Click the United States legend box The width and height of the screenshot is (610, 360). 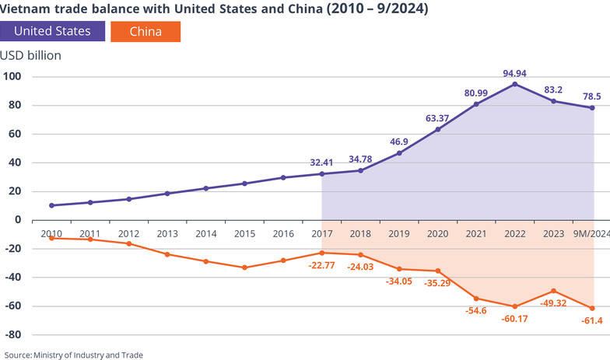click(53, 32)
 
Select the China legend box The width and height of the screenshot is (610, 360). click(145, 32)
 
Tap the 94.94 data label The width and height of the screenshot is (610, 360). click(514, 74)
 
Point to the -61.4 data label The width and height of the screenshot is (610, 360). click(593, 322)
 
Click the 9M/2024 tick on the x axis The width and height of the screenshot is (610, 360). click(591, 233)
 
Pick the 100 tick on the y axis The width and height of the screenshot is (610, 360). click(13, 76)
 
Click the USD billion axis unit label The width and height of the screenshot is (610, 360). click(31, 55)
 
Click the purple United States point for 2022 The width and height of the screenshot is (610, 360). click(514, 84)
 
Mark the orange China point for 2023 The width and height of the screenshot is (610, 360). click(553, 291)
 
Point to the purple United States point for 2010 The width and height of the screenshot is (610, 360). click(51, 205)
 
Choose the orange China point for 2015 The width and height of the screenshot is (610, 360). click(244, 267)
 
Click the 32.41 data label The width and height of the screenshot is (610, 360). click(321, 163)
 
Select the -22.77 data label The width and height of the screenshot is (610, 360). click(321, 265)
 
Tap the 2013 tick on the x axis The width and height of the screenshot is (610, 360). click(167, 233)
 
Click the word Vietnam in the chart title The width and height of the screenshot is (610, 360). click(30, 9)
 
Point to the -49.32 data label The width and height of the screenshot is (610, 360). click(553, 303)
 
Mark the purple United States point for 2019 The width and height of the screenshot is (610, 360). click(399, 152)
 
